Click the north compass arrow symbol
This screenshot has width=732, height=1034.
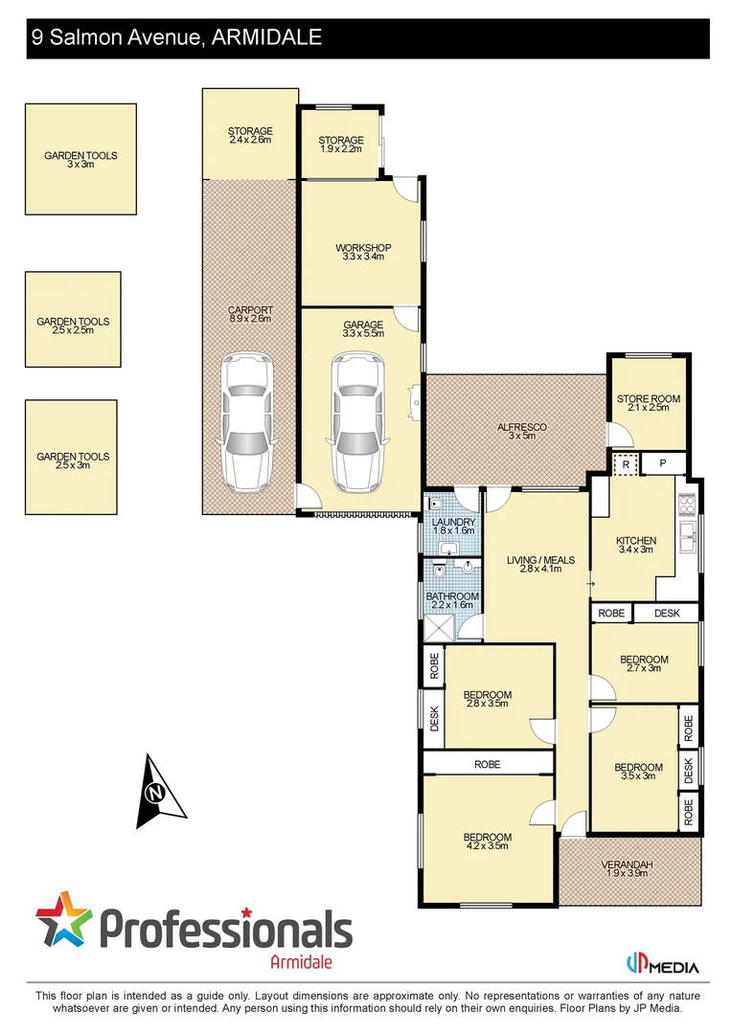[158, 792]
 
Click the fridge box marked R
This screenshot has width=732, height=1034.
[625, 463]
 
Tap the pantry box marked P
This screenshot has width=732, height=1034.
[662, 463]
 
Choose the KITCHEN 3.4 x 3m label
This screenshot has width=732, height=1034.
[636, 545]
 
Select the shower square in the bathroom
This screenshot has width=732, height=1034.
[442, 627]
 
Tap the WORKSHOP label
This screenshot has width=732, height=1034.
[363, 252]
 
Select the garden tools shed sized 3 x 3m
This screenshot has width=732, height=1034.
[80, 160]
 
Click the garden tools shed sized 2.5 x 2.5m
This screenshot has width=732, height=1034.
[73, 319]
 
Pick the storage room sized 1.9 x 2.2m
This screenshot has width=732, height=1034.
[341, 145]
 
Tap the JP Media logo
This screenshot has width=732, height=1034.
[662, 965]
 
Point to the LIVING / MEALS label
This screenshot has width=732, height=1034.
[540, 565]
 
